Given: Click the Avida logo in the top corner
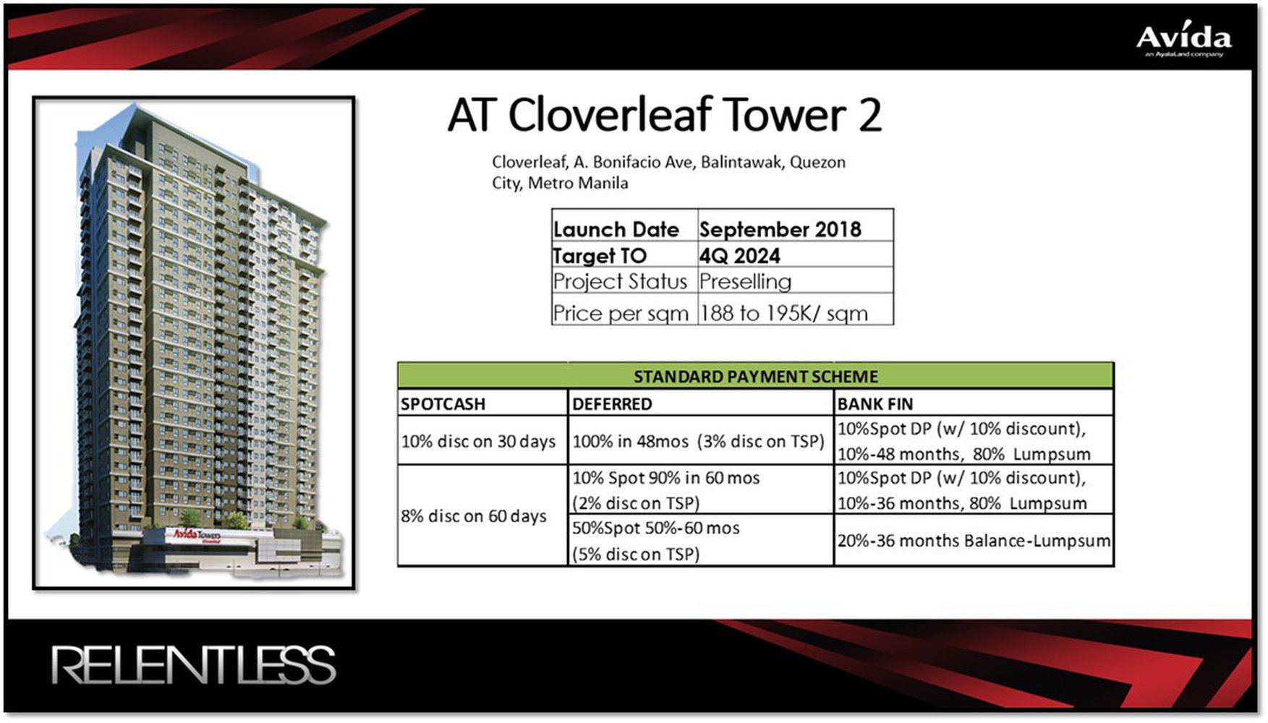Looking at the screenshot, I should pos(1183,40).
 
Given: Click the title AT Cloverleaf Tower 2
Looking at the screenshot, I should pos(664,115).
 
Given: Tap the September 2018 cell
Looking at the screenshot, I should pos(780,229).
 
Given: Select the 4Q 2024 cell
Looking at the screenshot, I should pos(739,255).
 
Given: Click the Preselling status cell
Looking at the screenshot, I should pos(745,281).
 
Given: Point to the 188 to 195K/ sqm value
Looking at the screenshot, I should pos(783,313).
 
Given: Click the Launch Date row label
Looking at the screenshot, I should pos(616,229).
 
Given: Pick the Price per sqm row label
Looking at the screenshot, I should pos(621,313).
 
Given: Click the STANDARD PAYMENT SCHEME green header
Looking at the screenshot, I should pos(755,376).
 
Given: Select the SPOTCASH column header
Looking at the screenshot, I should pos(443,403).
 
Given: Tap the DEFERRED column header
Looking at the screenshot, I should pos(612,403).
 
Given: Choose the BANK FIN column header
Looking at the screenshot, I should pos(875,403).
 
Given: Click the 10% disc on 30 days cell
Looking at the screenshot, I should pos(478,441).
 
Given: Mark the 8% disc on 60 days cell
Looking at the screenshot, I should pos(474,516).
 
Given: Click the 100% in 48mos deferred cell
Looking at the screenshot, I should pos(698,441).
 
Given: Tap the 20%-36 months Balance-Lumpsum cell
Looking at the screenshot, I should pos(973,541).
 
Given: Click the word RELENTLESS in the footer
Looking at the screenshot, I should pos(193,665).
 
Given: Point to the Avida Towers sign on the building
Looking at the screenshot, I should pos(197,536).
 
